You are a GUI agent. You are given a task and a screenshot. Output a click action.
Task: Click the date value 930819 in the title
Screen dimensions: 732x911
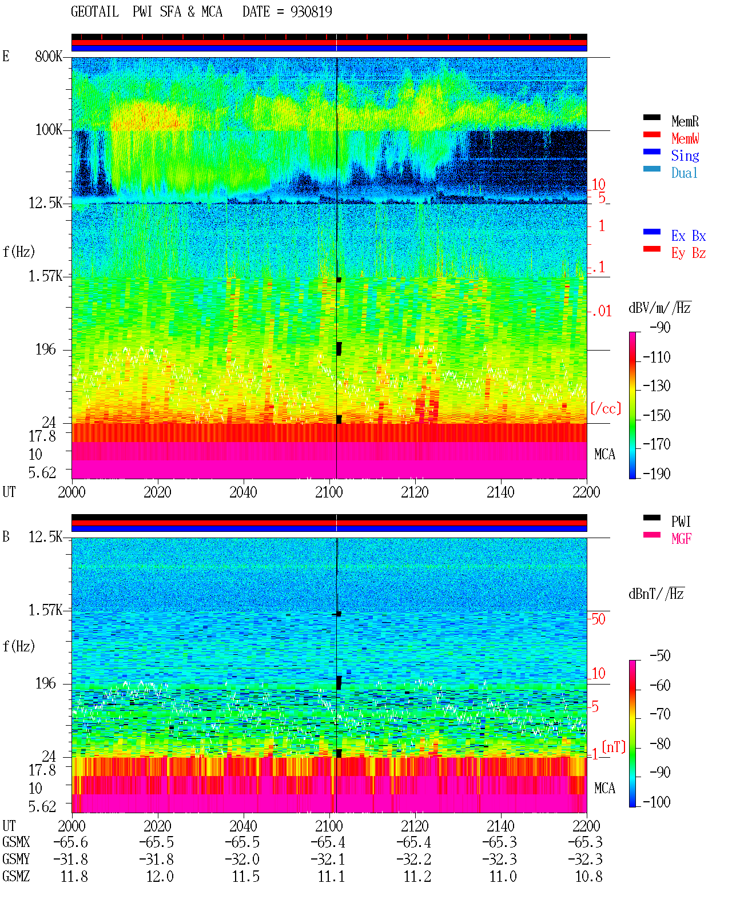tap(311, 12)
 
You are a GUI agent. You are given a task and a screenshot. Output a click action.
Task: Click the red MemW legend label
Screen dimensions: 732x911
tap(685, 138)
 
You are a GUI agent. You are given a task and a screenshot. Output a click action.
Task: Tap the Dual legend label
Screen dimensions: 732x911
tap(684, 173)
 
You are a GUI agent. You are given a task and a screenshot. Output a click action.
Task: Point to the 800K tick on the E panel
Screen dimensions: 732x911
tap(49, 56)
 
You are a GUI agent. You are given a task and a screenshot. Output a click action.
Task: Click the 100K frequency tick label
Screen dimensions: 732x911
tap(49, 130)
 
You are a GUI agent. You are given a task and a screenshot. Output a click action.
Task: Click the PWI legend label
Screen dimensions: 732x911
tap(681, 521)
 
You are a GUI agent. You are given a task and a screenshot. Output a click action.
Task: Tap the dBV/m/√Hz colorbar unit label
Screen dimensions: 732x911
tap(660, 308)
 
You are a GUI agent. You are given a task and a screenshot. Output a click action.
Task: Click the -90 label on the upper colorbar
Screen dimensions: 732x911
tap(660, 327)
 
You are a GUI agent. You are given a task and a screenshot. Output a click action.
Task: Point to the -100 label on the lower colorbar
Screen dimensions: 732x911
tap(657, 801)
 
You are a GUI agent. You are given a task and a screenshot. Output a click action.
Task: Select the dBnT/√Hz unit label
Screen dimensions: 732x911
tap(657, 594)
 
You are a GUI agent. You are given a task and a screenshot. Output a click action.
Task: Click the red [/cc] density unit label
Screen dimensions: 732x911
tap(606, 408)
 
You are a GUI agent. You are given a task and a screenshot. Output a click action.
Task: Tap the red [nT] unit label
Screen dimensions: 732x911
tap(614, 747)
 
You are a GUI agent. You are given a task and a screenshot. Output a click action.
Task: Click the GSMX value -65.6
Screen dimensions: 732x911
tap(71, 842)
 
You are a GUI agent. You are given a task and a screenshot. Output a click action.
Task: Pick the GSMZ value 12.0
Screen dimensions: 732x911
tap(160, 876)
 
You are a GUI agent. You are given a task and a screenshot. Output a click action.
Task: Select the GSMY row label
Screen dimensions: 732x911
tap(16, 860)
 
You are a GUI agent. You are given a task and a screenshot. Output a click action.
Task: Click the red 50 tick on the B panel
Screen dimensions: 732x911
tap(598, 619)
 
